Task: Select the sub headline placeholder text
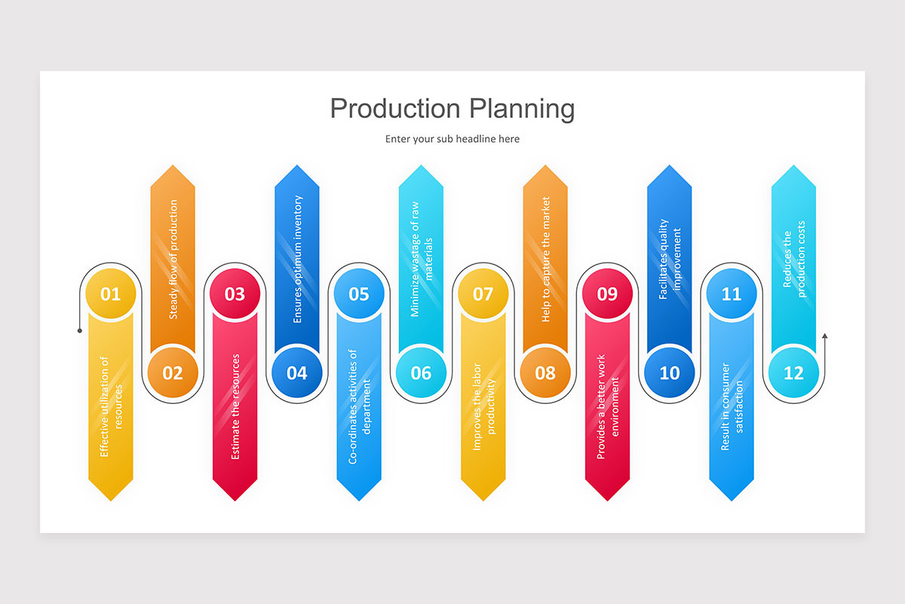452,139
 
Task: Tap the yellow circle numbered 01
111,294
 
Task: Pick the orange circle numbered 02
173,372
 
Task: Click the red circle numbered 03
235,294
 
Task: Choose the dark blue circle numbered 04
297,372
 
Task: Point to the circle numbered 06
421,372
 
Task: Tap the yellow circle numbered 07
483,294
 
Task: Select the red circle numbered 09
607,294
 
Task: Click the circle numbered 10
669,372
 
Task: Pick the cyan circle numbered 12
793,372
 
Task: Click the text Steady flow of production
173,259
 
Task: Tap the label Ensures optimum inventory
297,259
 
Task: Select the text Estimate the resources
235,406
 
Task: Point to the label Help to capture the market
545,259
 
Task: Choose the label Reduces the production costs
793,259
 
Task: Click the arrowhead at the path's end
824,335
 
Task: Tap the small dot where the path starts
80,330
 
